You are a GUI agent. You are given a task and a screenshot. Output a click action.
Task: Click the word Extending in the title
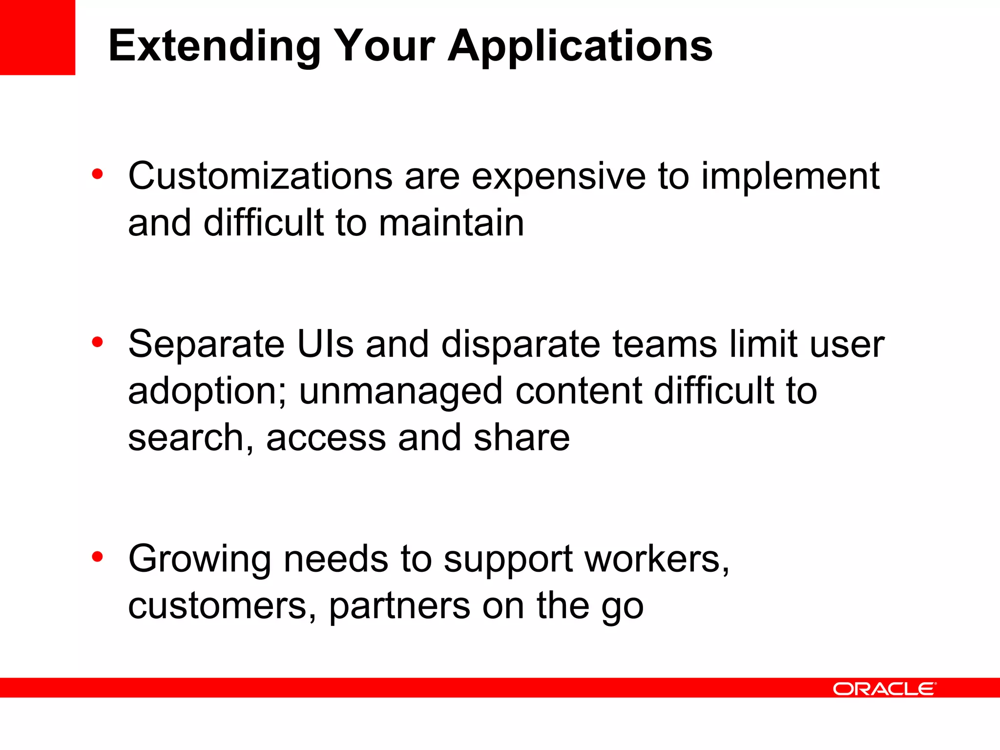214,46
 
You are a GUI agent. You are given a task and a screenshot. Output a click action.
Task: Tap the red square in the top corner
38,38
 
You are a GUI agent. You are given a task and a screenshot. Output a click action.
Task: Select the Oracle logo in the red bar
884,689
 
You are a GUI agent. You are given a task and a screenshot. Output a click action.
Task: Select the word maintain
451,223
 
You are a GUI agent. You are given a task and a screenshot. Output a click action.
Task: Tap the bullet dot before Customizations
98,174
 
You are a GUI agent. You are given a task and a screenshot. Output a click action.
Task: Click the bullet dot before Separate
98,342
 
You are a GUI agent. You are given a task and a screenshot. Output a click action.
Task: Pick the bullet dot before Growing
98,557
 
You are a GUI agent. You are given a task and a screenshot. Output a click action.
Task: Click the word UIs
325,344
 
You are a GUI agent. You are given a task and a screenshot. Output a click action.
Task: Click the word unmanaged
400,392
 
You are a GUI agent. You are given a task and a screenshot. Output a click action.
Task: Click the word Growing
199,560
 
